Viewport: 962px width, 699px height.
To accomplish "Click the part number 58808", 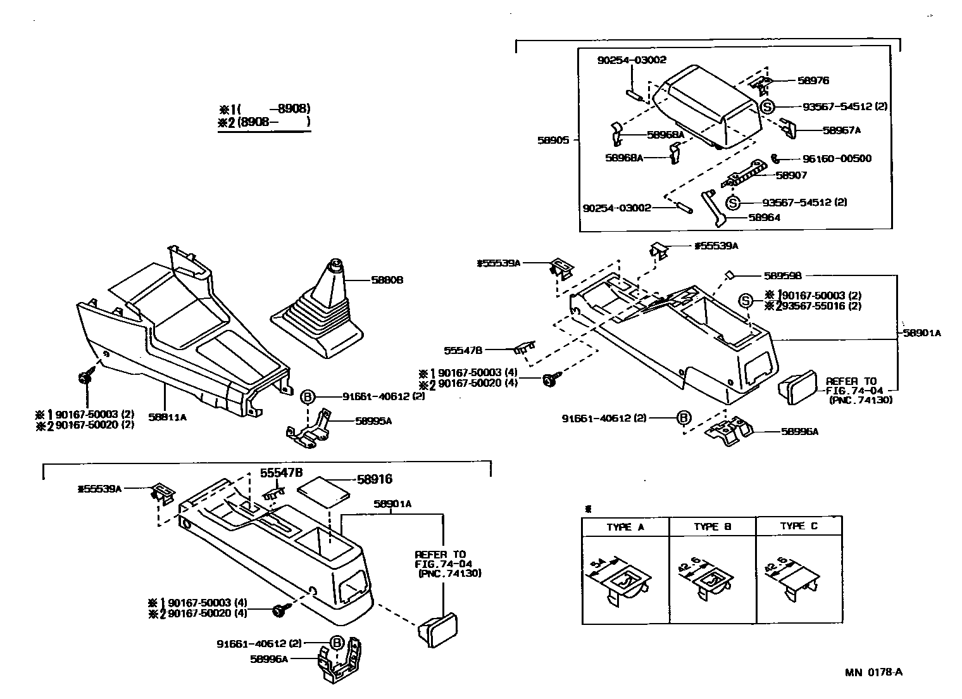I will click(x=387, y=280).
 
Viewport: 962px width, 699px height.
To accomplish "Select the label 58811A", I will click(x=168, y=417).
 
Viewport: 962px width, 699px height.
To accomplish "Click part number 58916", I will click(x=375, y=479).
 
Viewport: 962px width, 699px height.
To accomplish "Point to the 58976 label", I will click(x=813, y=80).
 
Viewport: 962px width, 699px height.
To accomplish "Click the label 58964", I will click(x=764, y=217).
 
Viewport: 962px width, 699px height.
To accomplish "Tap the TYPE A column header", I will click(x=625, y=527).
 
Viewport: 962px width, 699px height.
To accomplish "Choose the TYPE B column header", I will click(x=712, y=527).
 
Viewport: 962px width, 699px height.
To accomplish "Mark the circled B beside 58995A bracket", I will click(x=307, y=397).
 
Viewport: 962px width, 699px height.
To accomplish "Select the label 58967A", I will click(x=842, y=130).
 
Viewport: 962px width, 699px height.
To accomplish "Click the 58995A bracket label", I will click(x=373, y=421).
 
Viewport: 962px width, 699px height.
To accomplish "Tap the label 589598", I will click(x=783, y=276).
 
